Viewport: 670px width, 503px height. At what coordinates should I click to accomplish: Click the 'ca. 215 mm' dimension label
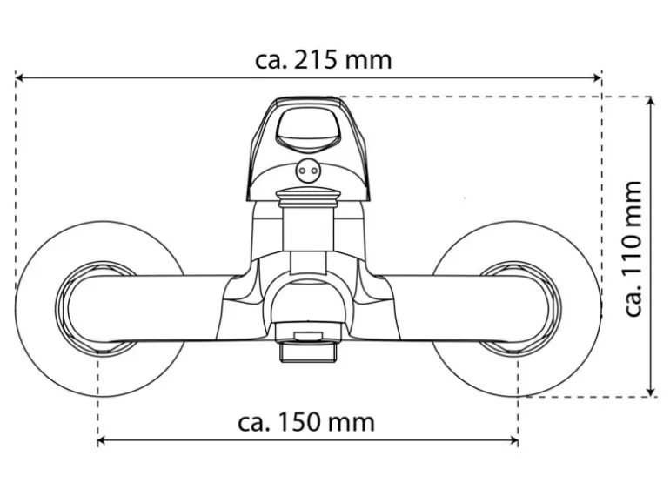324,60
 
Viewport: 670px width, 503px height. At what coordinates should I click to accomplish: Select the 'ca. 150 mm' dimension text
306,423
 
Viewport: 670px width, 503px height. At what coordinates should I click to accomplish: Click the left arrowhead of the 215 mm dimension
20,78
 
